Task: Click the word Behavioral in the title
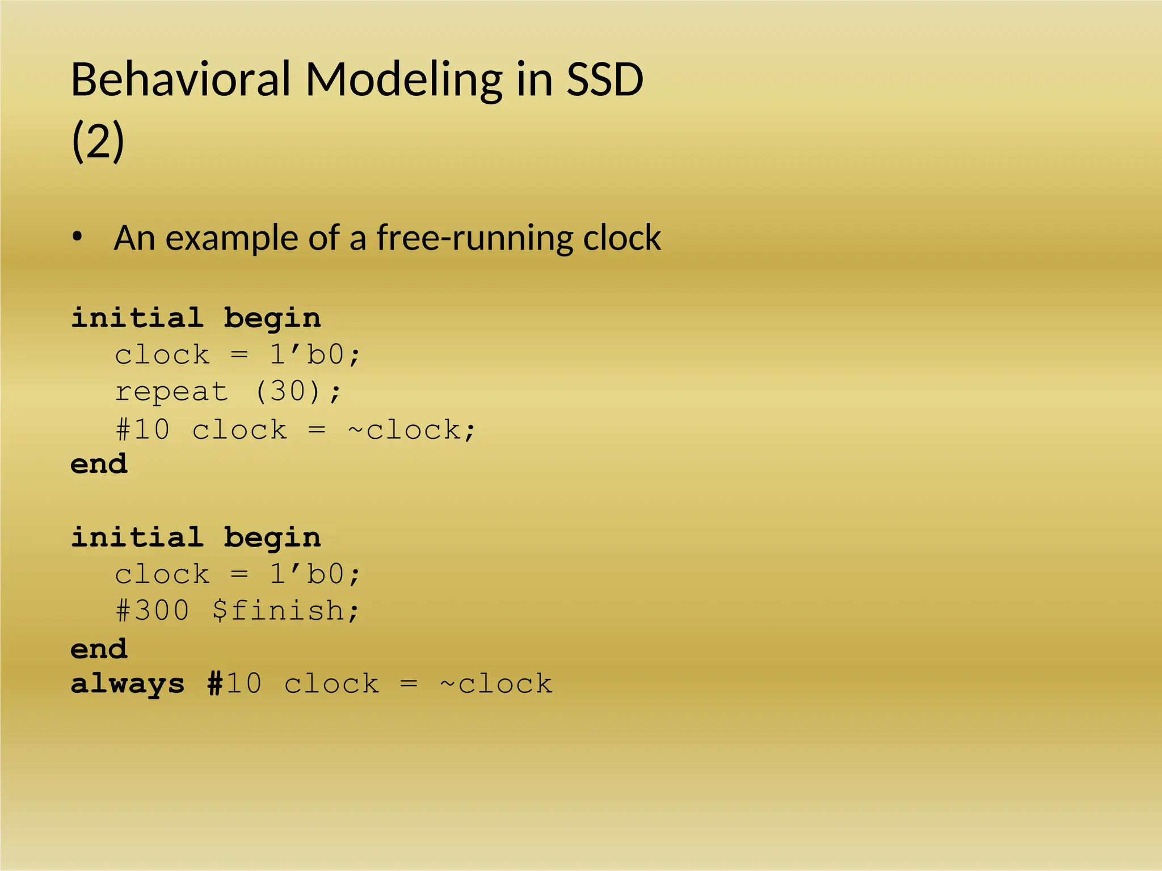(180, 79)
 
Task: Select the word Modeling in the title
(403, 79)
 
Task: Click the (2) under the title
(98, 142)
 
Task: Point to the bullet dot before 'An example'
(78, 237)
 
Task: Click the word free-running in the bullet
(475, 238)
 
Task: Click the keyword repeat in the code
(171, 392)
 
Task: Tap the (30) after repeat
(288, 391)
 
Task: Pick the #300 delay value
(153, 611)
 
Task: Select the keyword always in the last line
(128, 684)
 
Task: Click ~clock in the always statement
(496, 684)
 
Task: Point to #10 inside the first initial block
(143, 429)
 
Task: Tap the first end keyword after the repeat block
(99, 464)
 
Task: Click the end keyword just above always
(99, 649)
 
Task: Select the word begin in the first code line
(272, 318)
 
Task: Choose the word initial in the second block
(137, 537)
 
